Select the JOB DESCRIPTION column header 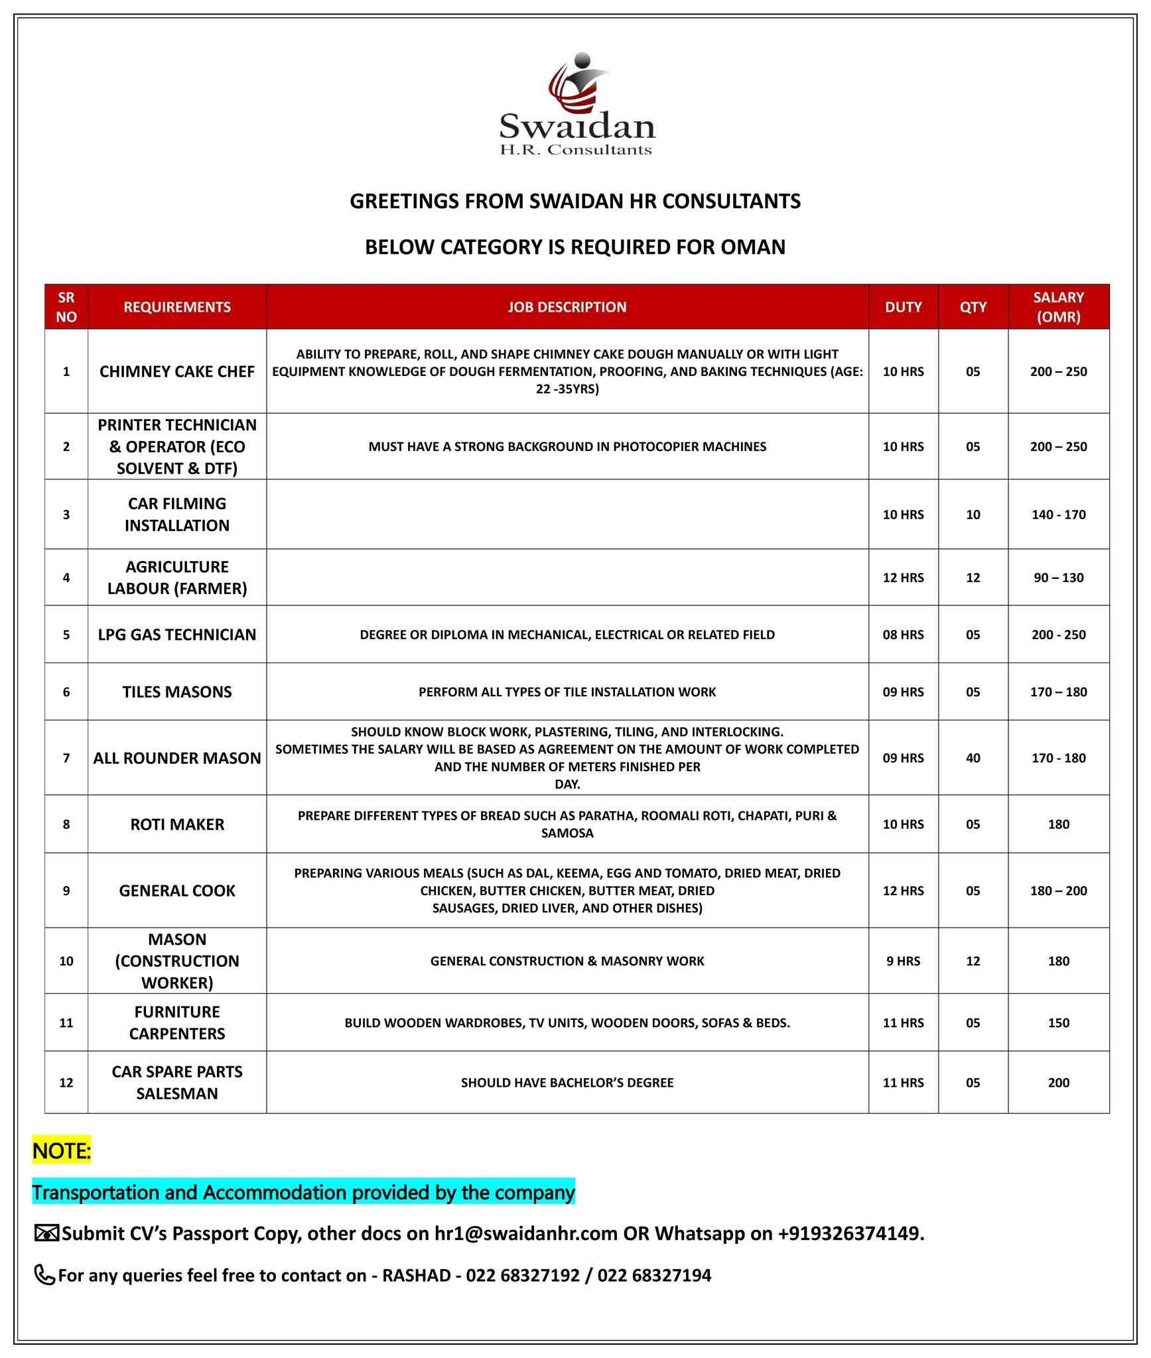click(567, 307)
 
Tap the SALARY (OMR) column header click(1058, 307)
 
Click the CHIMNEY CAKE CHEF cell click(177, 371)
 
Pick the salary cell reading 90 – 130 click(1058, 578)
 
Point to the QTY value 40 click(973, 758)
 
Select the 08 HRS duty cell click(903, 635)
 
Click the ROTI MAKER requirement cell click(177, 824)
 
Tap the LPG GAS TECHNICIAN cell click(177, 635)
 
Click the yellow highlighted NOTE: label click(62, 1151)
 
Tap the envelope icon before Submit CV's click(46, 1234)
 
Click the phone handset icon click(44, 1275)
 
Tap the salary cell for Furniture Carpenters click(1058, 1022)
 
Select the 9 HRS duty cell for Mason click(903, 961)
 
